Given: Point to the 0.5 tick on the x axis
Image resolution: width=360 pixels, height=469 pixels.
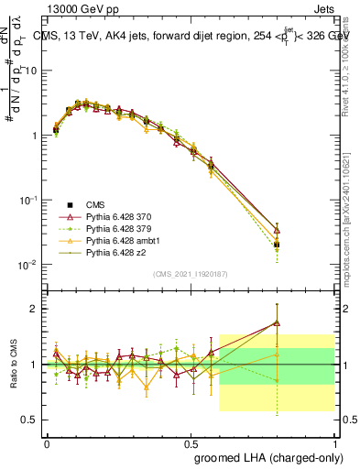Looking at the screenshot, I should pos(193,442).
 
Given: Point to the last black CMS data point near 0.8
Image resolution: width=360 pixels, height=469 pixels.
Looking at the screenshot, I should pos(277,245).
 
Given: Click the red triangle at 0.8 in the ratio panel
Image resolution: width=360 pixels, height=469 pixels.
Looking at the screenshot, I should pos(277,322).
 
